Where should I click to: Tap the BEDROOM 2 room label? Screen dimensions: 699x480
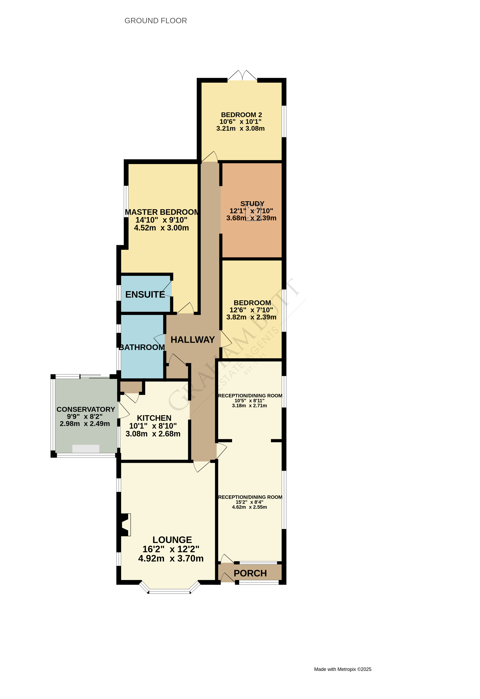(x=241, y=115)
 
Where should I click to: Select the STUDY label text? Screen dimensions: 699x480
(x=252, y=204)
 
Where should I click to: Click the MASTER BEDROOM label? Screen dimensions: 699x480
(x=162, y=212)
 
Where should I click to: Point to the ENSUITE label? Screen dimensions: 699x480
(x=145, y=294)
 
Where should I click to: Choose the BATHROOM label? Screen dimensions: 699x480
(x=142, y=347)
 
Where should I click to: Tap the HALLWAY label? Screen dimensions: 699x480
(x=193, y=340)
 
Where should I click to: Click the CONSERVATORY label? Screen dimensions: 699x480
(x=86, y=409)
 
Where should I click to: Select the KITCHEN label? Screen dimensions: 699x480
(x=154, y=418)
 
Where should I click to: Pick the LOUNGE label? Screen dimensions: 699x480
(x=172, y=540)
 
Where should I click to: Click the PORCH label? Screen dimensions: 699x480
(x=250, y=573)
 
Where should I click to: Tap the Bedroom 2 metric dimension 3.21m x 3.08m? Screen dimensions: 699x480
(x=240, y=128)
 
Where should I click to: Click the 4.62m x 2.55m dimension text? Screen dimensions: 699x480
(x=249, y=507)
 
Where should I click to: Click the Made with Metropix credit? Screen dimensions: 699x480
(x=343, y=669)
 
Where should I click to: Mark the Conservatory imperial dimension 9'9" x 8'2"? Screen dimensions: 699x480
(x=85, y=417)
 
